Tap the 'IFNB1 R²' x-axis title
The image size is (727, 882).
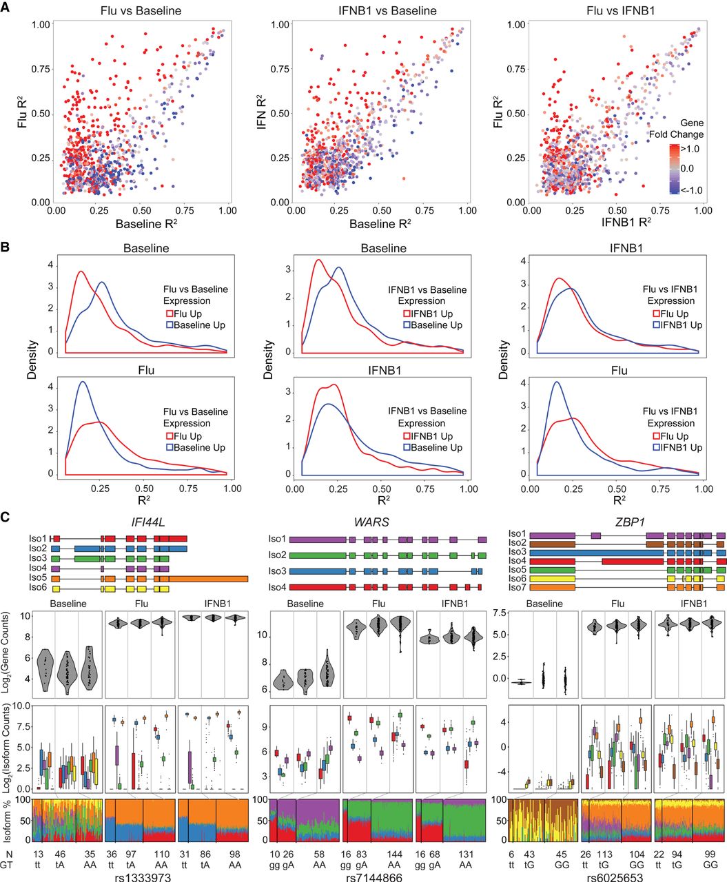point(618,223)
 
